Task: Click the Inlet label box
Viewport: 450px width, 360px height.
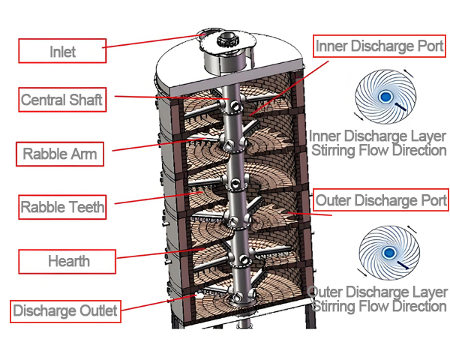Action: (62, 52)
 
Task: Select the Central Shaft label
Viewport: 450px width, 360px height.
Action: (61, 99)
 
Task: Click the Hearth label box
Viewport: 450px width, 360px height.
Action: (68, 261)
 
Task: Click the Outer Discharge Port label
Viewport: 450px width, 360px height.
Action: (381, 200)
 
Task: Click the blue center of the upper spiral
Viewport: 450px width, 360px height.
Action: (384, 97)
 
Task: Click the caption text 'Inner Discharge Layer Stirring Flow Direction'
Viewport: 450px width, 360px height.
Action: (378, 142)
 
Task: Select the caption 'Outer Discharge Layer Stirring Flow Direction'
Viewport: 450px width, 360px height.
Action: (378, 298)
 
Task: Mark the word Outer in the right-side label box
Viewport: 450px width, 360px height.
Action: (332, 200)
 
